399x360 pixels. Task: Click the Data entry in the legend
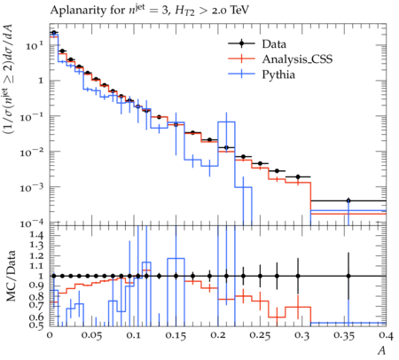click(274, 44)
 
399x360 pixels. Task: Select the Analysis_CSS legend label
click(297, 59)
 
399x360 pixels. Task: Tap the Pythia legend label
click(278, 74)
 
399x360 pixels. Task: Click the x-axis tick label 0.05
click(91, 335)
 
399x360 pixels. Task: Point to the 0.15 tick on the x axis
click(176, 335)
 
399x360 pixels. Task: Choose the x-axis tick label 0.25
click(260, 335)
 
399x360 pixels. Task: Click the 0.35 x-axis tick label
click(344, 335)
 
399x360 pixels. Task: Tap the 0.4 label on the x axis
click(386, 335)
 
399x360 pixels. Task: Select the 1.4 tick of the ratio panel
click(35, 235)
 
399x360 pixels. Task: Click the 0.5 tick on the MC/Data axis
click(35, 325)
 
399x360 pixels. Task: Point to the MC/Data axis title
click(11, 276)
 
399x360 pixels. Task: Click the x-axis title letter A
click(381, 350)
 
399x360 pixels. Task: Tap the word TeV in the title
click(239, 10)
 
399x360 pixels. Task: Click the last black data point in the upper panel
click(348, 200)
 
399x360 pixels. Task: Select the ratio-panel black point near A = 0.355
click(348, 276)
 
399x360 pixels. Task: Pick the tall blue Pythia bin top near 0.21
click(226, 121)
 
